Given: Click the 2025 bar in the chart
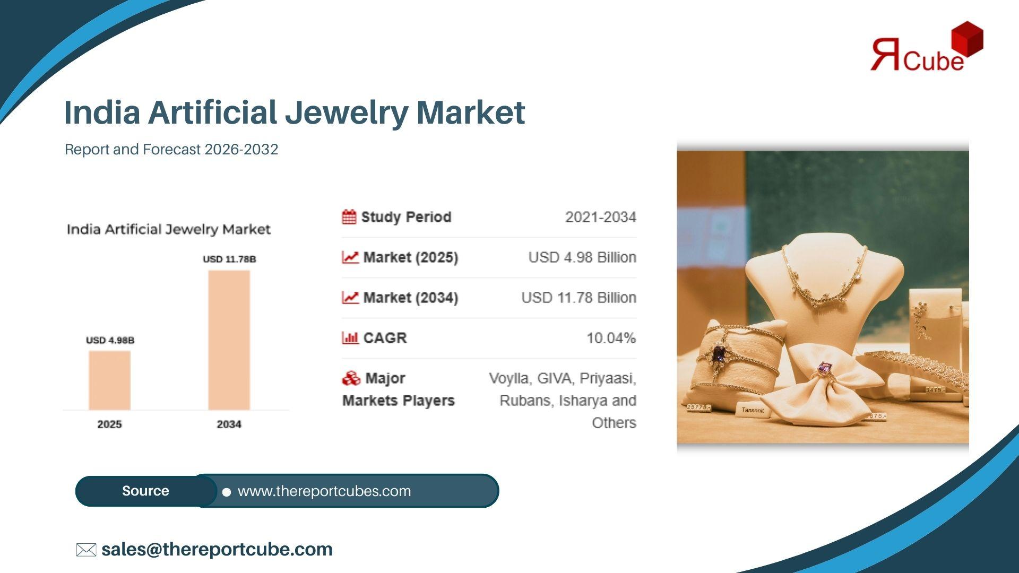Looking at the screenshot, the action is pyautogui.click(x=109, y=380).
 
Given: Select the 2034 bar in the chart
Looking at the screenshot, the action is pyautogui.click(x=229, y=340).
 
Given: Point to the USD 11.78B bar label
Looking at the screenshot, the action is pyautogui.click(x=229, y=259).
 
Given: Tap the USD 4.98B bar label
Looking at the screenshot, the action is pyautogui.click(x=110, y=340).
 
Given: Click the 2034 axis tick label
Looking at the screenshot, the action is pyautogui.click(x=229, y=424).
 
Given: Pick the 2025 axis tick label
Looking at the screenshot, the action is pyautogui.click(x=109, y=424).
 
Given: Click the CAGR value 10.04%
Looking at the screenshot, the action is pyautogui.click(x=611, y=338).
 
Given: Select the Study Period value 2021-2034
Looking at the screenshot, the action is pyautogui.click(x=601, y=217).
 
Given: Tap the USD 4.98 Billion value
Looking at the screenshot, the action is pyautogui.click(x=582, y=257).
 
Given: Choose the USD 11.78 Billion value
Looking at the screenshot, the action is pyautogui.click(x=578, y=298).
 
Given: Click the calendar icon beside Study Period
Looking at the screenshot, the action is pyautogui.click(x=349, y=217).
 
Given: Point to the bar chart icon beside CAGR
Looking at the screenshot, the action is pyautogui.click(x=350, y=337).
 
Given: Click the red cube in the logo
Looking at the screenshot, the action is pyautogui.click(x=967, y=38).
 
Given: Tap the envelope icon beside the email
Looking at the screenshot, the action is pyautogui.click(x=86, y=550).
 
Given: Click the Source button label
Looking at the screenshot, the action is pyautogui.click(x=145, y=491).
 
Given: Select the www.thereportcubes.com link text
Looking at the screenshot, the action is pyautogui.click(x=324, y=491).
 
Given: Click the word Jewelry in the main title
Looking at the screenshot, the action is pyautogui.click(x=346, y=113).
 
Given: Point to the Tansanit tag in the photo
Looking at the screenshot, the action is pyautogui.click(x=752, y=410).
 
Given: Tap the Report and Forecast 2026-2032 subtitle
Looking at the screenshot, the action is pyautogui.click(x=171, y=150).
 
